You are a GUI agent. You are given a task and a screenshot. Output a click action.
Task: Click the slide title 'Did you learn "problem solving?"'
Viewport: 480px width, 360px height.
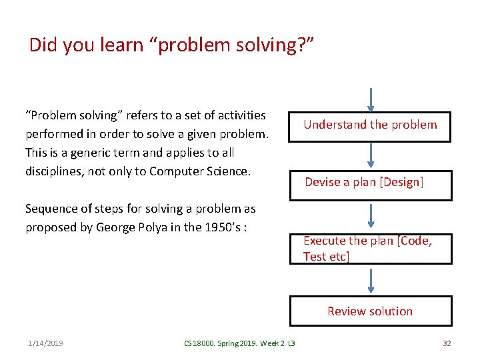point(171,45)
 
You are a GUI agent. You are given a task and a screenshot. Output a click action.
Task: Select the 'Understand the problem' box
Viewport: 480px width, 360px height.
point(370,125)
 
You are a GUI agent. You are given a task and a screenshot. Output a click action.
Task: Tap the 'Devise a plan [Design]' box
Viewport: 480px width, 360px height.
point(370,183)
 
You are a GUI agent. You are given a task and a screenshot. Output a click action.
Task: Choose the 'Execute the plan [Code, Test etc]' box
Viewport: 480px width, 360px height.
point(370,249)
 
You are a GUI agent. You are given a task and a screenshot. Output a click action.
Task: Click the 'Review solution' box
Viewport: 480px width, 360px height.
point(370,311)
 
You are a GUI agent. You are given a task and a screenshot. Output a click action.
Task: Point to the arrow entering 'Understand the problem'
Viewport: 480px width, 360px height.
point(371,100)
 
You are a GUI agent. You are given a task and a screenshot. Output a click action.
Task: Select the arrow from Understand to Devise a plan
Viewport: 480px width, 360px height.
point(371,155)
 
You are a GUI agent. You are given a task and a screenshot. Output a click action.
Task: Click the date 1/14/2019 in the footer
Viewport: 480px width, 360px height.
point(45,343)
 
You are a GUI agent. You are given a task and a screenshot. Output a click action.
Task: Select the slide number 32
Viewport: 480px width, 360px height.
point(447,343)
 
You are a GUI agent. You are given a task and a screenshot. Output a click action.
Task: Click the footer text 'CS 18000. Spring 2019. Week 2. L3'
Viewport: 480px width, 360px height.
point(239,343)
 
